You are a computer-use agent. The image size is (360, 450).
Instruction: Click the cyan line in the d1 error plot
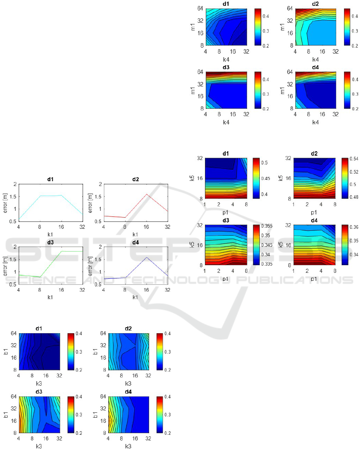tap(50, 196)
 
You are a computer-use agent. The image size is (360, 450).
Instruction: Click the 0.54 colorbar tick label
tap(354, 159)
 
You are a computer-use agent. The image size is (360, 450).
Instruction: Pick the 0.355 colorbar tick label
tap(267, 226)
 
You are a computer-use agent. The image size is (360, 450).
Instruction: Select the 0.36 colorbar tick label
tap(354, 227)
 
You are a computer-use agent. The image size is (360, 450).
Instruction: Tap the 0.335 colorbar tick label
tap(267, 264)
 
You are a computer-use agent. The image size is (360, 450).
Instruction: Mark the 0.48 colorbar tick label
tap(354, 197)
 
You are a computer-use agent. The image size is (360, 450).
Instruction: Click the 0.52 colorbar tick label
tap(354, 172)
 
